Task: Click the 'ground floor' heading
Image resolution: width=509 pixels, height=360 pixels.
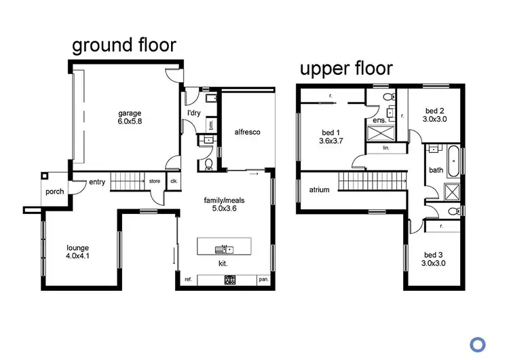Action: [124, 46]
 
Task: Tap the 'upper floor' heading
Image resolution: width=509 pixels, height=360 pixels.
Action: [346, 68]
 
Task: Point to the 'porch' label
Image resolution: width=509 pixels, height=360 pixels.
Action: [54, 192]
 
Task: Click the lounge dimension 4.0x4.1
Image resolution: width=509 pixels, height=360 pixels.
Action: [77, 257]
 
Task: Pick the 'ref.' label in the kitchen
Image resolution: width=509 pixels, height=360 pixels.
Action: [189, 280]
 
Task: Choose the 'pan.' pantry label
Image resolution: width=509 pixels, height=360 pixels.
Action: [263, 280]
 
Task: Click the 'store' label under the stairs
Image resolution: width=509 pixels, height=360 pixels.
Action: [155, 181]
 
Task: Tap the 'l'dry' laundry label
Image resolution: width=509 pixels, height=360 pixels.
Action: [193, 113]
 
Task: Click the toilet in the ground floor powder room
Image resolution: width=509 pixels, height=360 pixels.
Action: [208, 164]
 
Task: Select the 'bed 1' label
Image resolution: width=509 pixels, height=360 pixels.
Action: [329, 132]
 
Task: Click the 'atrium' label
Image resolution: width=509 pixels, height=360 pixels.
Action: [319, 190]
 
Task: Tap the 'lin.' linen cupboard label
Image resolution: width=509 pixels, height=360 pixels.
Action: [385, 147]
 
